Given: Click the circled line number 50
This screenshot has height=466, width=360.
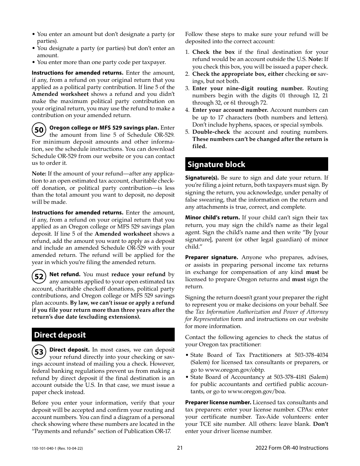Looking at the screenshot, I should pos(39,130).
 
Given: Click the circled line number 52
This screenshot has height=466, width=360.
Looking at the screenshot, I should pos(39,277).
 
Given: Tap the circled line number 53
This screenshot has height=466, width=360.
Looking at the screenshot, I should pos(39,352).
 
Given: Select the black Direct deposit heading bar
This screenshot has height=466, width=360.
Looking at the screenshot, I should pos(103,335).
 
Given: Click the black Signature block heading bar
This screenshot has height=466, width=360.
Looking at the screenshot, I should pos(257,164).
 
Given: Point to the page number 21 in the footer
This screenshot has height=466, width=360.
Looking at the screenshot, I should pos(180,448).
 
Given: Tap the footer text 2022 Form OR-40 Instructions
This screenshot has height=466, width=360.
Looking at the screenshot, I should pos(292,448).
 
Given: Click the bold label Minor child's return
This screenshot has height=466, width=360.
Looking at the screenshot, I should pos(212,217).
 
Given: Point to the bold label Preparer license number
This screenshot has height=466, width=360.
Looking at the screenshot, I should pos(218,402).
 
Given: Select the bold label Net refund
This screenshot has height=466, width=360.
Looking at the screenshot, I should pos(65,274).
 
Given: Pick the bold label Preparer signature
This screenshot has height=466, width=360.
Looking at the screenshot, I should pos(211,257).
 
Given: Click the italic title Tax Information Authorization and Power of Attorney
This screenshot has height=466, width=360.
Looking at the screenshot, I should pos(261,312).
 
